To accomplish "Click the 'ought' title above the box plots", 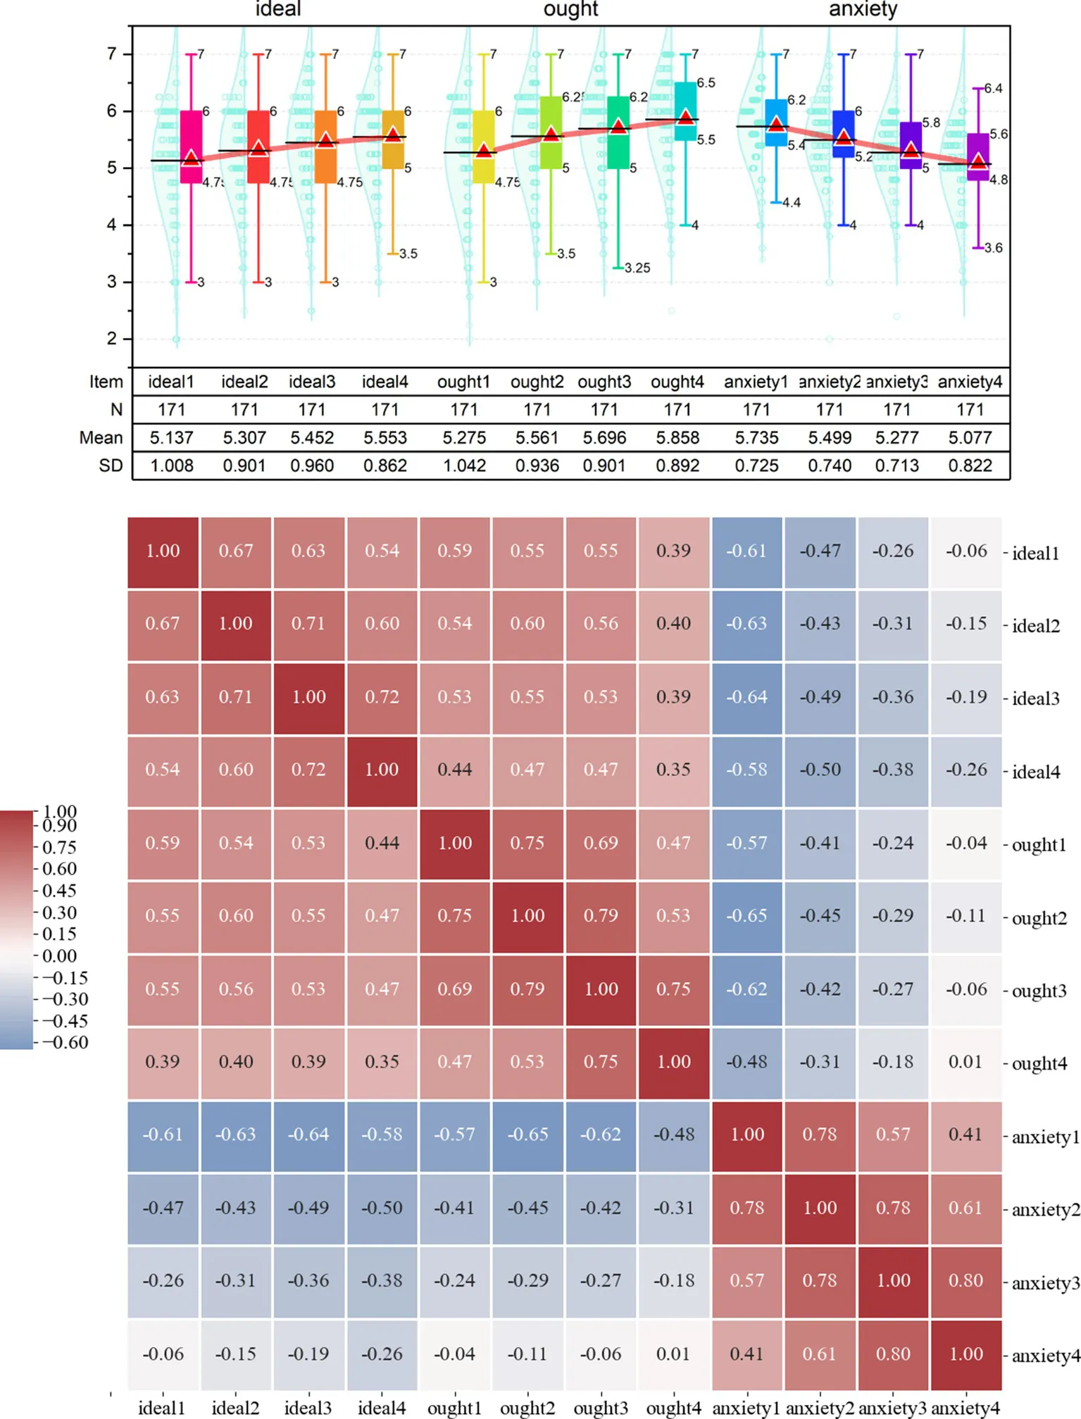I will pos(570,9).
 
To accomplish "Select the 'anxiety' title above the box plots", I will pos(863,9).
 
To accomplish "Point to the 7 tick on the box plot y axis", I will pos(112,54).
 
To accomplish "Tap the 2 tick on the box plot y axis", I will pos(112,339).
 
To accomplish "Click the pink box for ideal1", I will pos(191,146).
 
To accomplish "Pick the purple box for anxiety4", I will pos(977,156).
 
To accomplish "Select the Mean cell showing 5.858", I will pos(677,438).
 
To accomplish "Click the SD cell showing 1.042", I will pos(464,466).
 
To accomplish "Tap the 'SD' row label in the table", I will pos(111,466).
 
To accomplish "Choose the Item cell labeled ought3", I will pos(604,382).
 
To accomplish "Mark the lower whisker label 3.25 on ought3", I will pos(637,268).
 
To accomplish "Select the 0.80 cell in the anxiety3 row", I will pos(966,1280).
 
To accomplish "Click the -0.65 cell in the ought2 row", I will pos(746,915).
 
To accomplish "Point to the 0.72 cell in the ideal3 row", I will pos(382,697).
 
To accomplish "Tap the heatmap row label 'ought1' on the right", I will pos(1039,844).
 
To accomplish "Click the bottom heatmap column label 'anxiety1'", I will pos(746,1408).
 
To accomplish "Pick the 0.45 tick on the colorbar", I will pos(59,891).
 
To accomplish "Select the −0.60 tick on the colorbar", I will pos(65,1042).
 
